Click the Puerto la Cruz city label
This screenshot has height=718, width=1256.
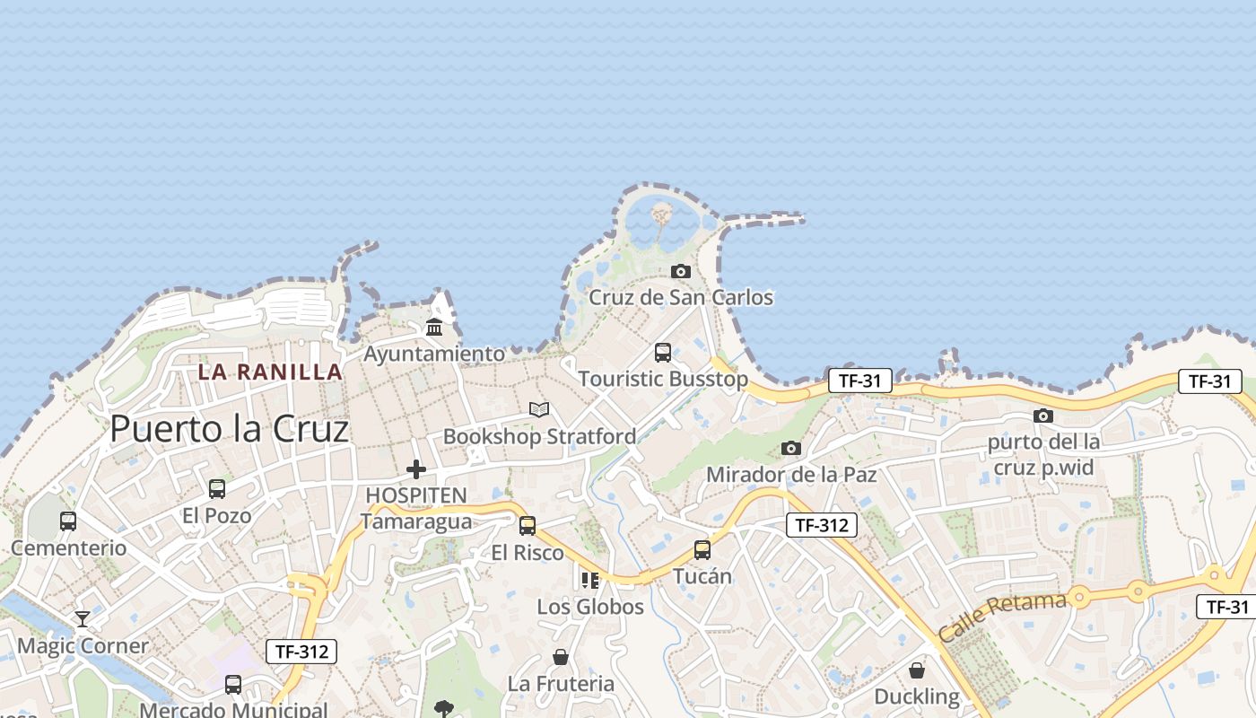click(229, 429)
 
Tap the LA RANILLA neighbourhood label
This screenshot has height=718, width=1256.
click(270, 372)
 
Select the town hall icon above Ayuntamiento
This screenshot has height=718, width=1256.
click(434, 327)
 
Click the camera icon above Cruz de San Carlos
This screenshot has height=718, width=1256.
click(681, 271)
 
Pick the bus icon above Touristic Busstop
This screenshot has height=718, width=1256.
click(663, 353)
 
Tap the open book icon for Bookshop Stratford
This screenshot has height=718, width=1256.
click(539, 410)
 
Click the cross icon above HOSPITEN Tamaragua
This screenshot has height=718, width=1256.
click(416, 468)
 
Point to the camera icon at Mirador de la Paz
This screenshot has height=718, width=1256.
click(790, 448)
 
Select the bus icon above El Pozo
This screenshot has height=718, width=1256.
click(217, 489)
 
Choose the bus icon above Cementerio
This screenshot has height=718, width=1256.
click(68, 521)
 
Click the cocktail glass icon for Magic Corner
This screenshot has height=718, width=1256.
click(83, 619)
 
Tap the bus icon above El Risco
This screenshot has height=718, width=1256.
click(528, 526)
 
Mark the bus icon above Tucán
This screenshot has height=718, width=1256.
click(702, 549)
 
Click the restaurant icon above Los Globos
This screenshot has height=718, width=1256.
click(589, 581)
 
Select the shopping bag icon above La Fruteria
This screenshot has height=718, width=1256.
click(561, 658)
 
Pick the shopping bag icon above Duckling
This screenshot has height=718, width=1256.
click(917, 670)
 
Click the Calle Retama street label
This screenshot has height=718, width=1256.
click(1002, 616)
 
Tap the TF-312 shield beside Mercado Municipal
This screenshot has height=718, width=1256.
click(301, 652)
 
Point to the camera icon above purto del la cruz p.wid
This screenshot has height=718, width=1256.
click(1042, 416)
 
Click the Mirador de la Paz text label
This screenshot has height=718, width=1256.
click(791, 474)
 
